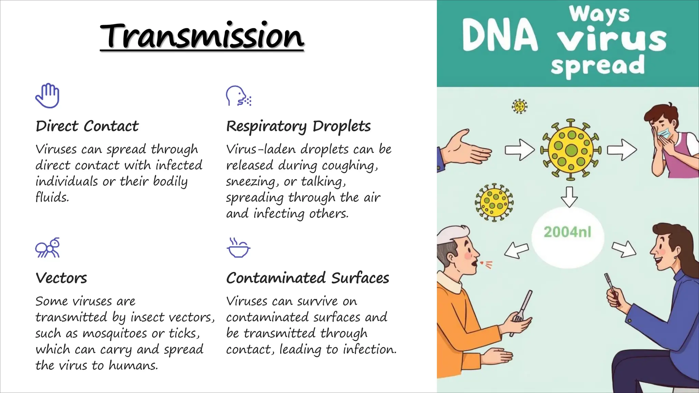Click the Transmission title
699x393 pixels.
202,36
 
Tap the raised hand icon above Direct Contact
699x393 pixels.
47,96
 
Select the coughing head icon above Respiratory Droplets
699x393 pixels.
238,96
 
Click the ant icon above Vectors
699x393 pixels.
47,248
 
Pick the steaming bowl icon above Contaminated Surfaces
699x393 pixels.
238,248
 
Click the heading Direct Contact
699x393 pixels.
87,126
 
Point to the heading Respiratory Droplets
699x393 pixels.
298,126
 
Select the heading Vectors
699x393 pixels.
61,278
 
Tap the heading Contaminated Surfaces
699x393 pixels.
308,278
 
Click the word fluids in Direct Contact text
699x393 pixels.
52,197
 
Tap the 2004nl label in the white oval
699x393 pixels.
567,232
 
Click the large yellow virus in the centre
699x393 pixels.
571,150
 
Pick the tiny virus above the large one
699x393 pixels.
519,106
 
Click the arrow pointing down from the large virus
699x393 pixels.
569,197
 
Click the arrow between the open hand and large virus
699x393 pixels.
519,150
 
